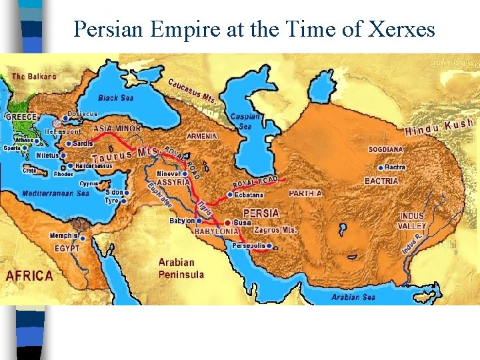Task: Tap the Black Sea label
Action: tap(117, 97)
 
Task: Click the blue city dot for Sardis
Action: tap(68, 143)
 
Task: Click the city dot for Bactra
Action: tap(381, 167)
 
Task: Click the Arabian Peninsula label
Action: tap(181, 268)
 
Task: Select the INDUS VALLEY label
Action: tap(412, 221)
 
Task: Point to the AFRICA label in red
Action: tap(29, 275)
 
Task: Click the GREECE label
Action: tap(21, 117)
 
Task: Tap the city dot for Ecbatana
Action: tap(230, 195)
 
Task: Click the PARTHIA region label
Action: tap(305, 193)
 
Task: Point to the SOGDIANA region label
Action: tap(385, 149)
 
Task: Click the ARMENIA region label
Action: tap(202, 136)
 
